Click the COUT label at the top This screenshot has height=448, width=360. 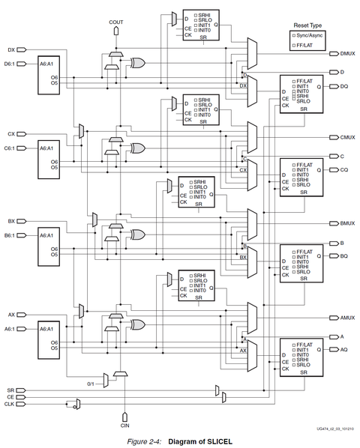pos(116,22)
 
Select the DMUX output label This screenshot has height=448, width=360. pos(347,53)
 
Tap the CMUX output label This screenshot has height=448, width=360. pos(347,138)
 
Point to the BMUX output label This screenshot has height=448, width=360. pos(347,223)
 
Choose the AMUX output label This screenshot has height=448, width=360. pos(347,318)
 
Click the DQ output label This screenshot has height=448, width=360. pos(344,86)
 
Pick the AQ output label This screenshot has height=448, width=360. pos(344,350)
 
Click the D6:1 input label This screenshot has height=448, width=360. pos(10,64)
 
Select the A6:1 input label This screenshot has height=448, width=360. pos(10,328)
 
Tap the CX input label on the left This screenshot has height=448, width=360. pos(10,134)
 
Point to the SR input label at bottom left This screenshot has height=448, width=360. pos(10,390)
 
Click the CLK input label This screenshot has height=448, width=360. pos(10,403)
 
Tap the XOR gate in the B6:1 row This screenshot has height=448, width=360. pos(137,236)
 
